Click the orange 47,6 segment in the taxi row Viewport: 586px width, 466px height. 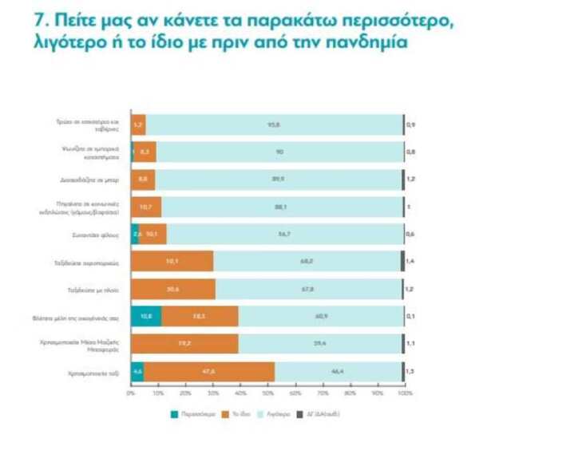210,371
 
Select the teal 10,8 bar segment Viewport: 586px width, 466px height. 145,316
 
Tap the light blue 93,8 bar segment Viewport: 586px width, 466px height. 274,124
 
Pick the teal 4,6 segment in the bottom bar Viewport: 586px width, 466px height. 137,371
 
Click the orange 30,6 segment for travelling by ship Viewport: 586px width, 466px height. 172,289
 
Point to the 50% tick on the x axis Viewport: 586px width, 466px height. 267,393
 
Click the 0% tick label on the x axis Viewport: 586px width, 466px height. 131,393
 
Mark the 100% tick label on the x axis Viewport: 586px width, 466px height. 404,393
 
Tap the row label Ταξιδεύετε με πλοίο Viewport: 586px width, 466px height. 102,289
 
